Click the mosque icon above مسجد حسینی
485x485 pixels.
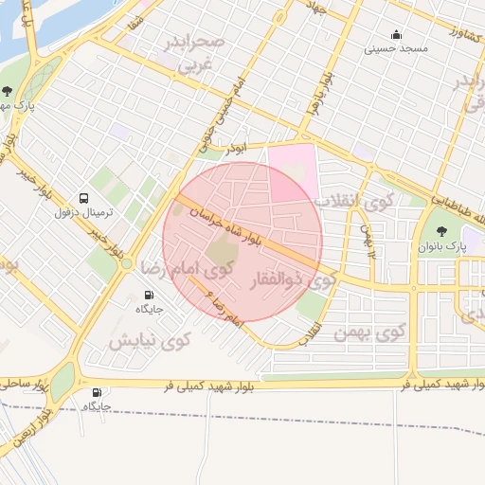(x=392, y=32)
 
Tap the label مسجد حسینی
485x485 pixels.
(x=400, y=47)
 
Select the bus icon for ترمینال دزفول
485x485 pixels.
(x=85, y=199)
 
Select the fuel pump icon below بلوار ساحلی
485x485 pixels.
(x=96, y=392)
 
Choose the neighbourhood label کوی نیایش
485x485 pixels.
(x=149, y=339)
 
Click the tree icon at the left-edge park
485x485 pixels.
(x=8, y=92)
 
